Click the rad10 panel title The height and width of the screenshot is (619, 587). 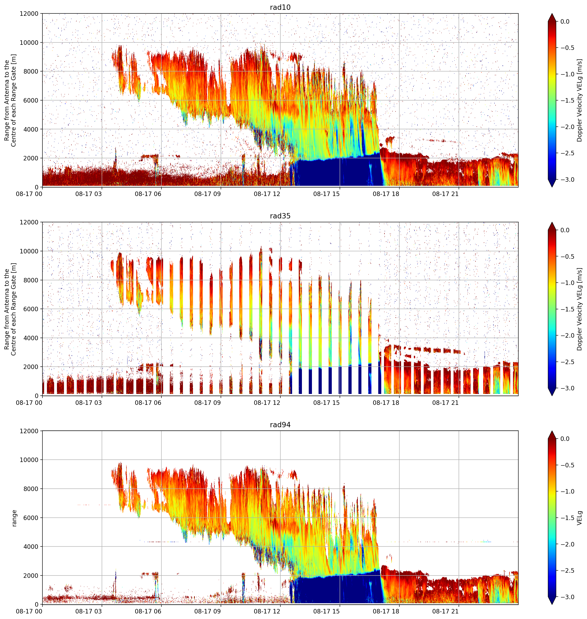pyautogui.click(x=280, y=7)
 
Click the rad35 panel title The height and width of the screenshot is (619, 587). pyautogui.click(x=280, y=216)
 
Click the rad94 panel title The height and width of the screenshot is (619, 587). pyautogui.click(x=280, y=425)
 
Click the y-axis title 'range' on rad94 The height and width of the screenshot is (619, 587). pyautogui.click(x=14, y=518)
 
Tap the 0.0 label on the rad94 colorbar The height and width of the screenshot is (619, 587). pyautogui.click(x=565, y=439)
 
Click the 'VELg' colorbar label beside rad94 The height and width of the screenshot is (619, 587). pyautogui.click(x=580, y=518)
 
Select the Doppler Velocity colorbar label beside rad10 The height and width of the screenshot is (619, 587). pyautogui.click(x=580, y=100)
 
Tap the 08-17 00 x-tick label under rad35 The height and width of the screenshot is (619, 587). pyautogui.click(x=29, y=403)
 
